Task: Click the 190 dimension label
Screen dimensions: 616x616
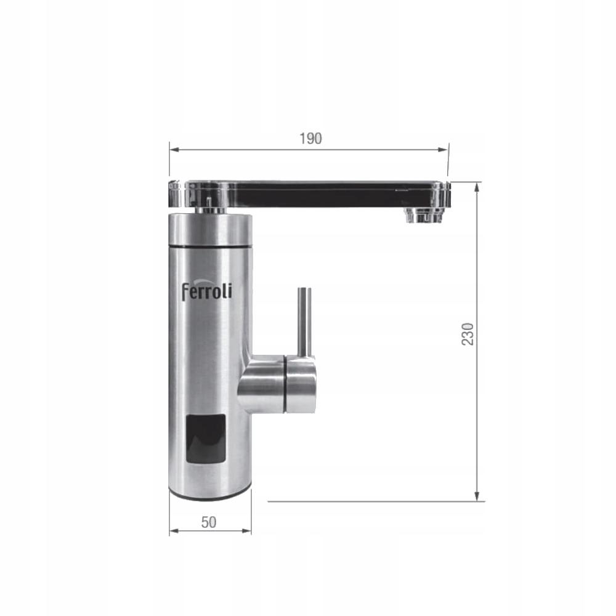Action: click(310, 139)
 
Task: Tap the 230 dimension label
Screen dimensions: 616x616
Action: click(467, 334)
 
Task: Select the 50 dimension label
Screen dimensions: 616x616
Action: click(209, 522)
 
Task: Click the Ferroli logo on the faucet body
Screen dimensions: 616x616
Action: click(206, 291)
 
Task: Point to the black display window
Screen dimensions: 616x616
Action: click(206, 439)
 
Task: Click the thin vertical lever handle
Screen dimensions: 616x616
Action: click(304, 322)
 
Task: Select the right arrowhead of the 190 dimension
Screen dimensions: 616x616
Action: click(443, 150)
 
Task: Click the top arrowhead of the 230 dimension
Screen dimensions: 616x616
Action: click(477, 188)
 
